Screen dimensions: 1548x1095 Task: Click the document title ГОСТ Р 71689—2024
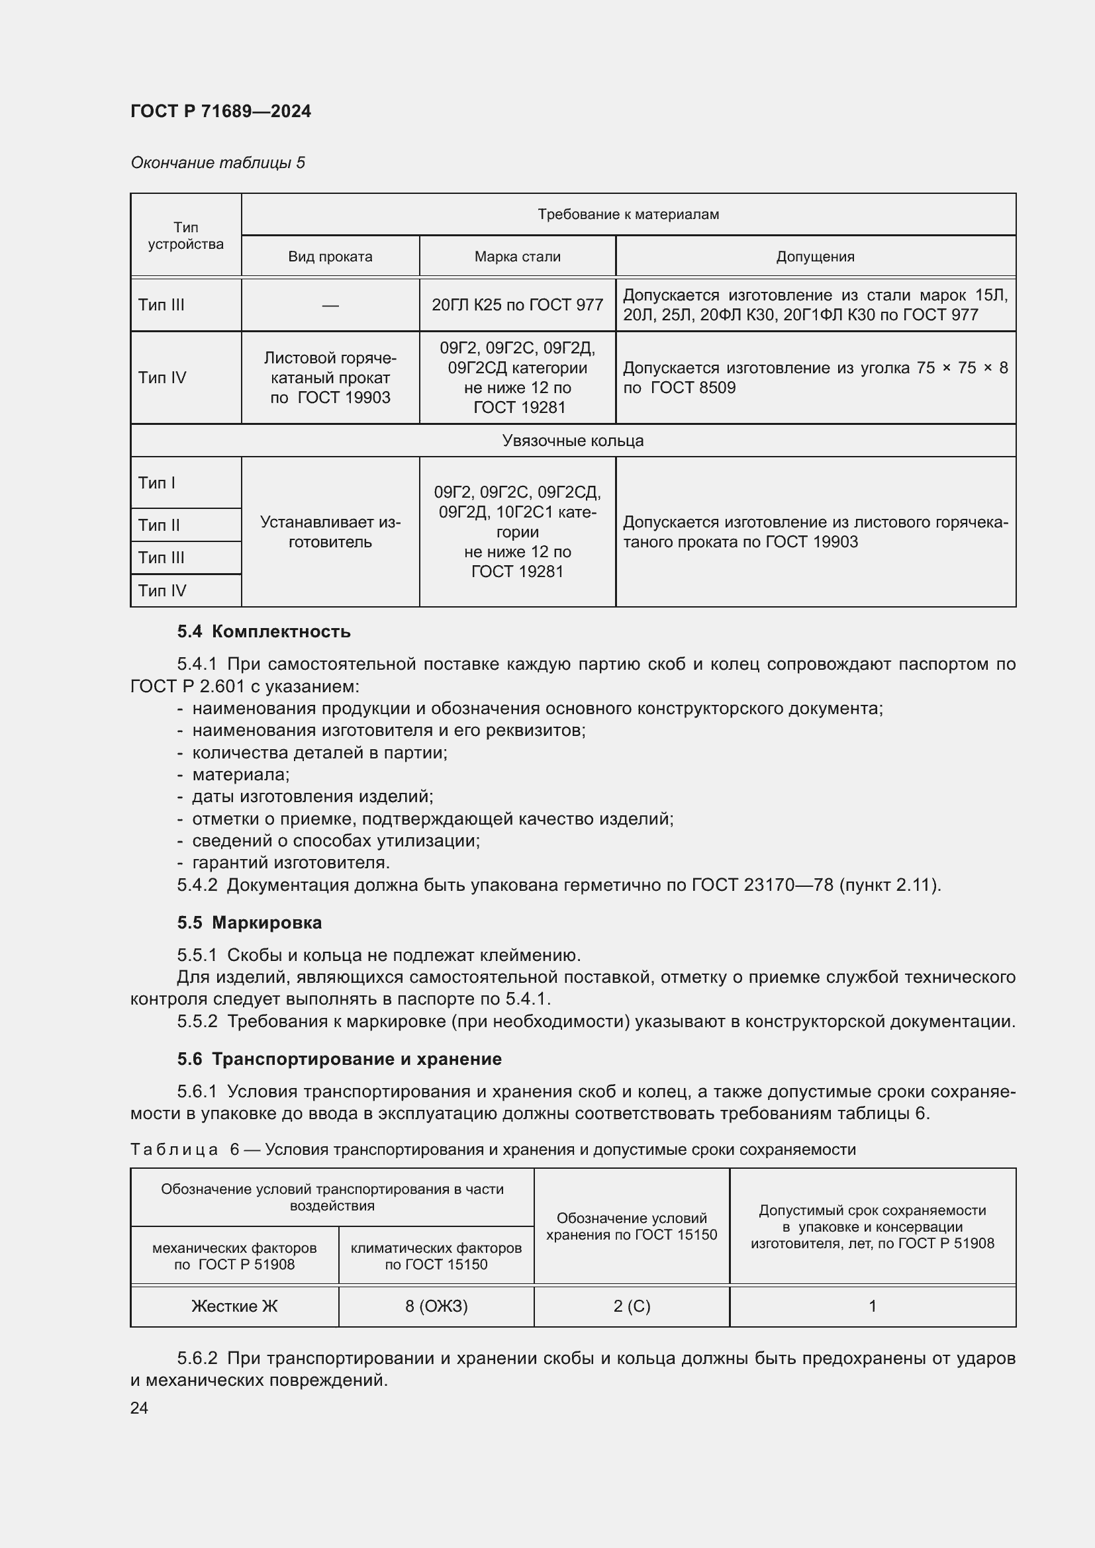point(220,111)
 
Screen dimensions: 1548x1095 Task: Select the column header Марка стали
point(517,257)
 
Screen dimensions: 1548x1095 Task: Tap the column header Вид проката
point(330,257)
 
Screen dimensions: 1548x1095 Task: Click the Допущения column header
point(814,257)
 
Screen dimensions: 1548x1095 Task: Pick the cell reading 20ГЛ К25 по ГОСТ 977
point(517,304)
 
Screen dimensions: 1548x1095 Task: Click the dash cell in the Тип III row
point(330,305)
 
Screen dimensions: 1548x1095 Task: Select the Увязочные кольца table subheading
point(573,441)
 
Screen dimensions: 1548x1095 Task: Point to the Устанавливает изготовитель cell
point(330,532)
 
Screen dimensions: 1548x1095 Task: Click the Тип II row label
point(159,525)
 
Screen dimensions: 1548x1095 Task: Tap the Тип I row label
point(156,482)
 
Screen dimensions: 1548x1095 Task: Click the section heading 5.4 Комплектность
point(263,632)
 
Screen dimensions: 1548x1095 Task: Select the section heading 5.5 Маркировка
point(250,923)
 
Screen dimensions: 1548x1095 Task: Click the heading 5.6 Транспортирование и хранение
point(339,1058)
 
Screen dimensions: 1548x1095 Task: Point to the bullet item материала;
point(240,775)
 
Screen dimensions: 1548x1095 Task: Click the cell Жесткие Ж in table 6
point(234,1306)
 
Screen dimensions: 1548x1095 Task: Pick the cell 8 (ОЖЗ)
point(436,1306)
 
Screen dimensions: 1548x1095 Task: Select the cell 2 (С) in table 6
point(631,1306)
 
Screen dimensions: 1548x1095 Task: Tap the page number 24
point(139,1408)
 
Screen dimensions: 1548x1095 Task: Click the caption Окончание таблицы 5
point(218,163)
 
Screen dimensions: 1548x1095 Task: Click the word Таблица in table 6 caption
point(174,1150)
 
